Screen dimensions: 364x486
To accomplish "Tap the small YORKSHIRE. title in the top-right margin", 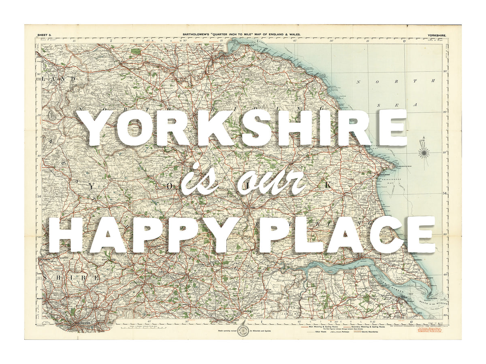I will point(437,36).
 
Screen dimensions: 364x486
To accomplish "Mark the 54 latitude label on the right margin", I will point(444,193).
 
